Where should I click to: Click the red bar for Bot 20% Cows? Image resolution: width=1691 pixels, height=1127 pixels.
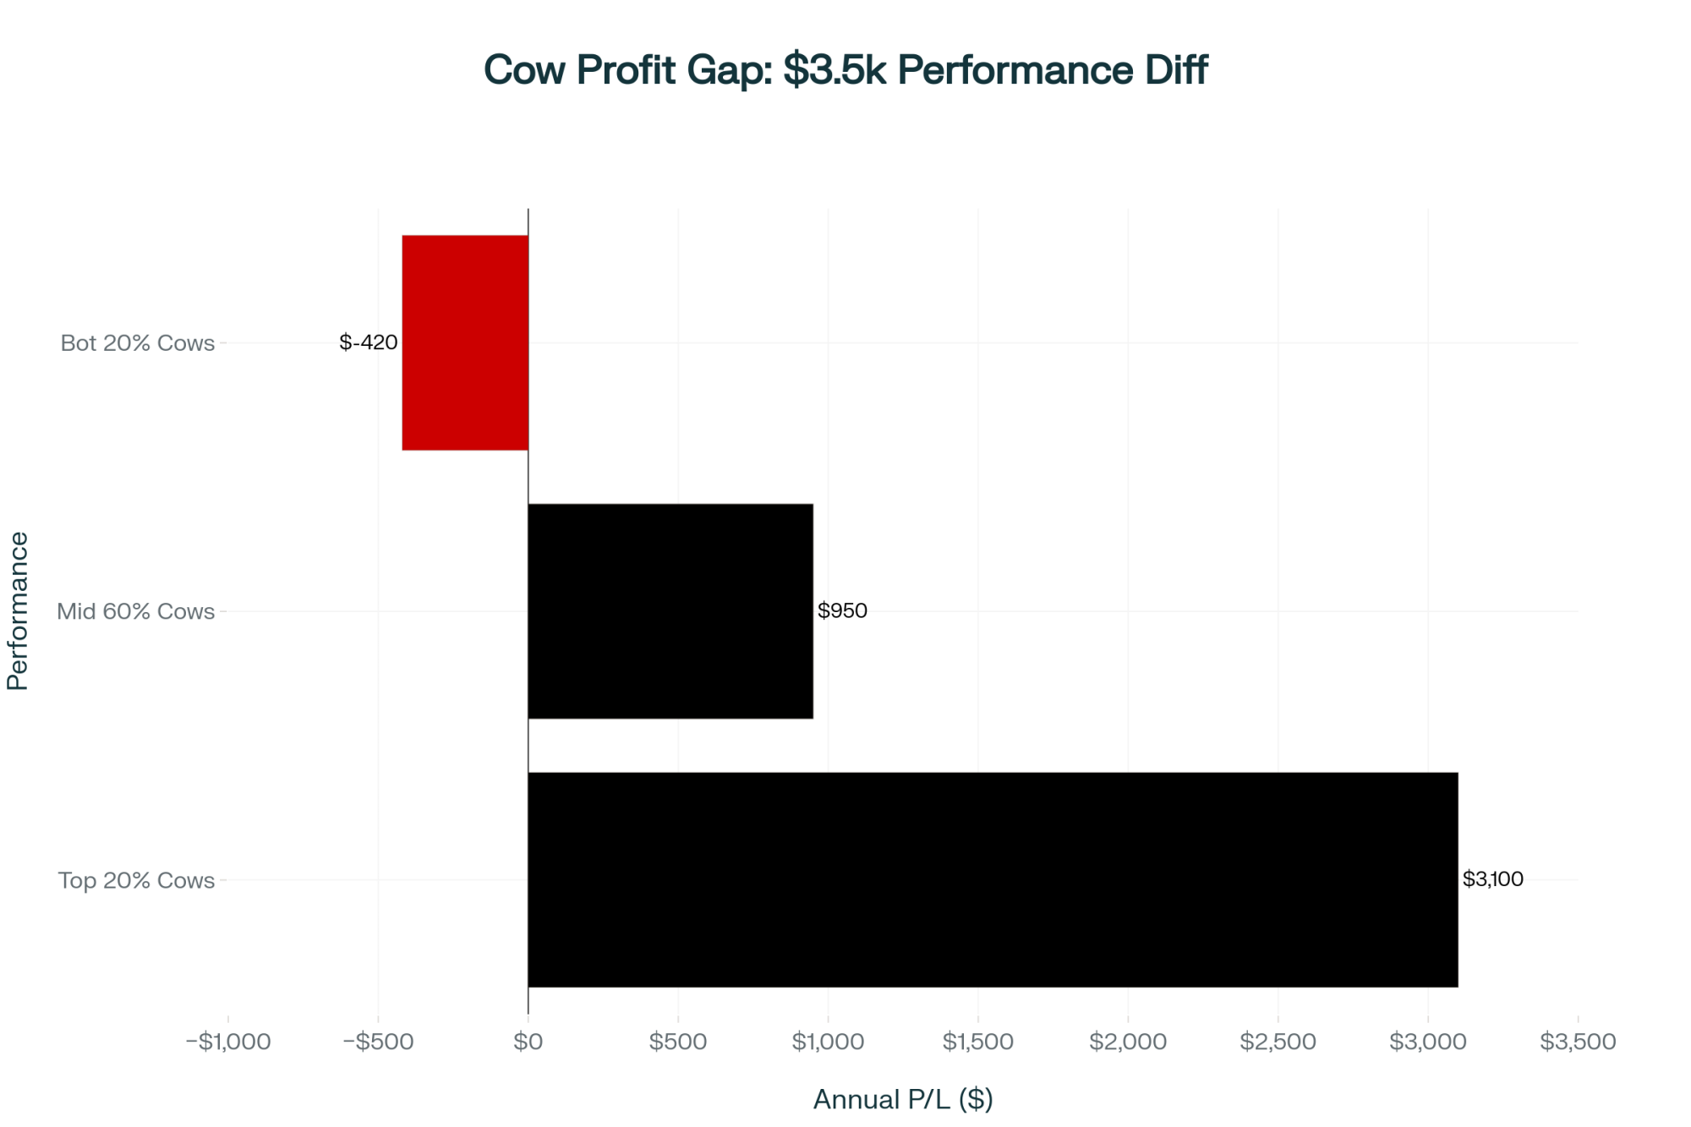[465, 342]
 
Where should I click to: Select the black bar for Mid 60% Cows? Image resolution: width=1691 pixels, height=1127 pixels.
[670, 610]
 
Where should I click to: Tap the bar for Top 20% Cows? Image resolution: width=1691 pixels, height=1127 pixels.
[993, 879]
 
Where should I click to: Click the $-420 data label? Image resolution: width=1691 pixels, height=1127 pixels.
[368, 342]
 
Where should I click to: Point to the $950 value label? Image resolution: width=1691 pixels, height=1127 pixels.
[842, 610]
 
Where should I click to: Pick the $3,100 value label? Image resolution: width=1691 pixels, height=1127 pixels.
[1492, 879]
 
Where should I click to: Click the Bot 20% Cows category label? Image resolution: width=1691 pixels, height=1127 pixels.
[138, 343]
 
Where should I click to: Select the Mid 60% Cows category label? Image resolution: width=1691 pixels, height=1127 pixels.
[135, 611]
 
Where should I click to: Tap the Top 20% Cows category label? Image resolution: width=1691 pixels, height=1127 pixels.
[136, 880]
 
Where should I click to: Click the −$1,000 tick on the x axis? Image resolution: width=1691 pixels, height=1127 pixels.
[228, 1042]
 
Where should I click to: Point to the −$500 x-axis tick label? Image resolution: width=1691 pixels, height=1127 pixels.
[378, 1042]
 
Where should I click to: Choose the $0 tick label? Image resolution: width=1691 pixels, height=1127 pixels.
[528, 1042]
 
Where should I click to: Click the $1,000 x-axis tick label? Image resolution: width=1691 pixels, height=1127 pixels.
[828, 1042]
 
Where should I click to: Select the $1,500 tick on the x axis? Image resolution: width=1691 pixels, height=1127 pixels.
[978, 1042]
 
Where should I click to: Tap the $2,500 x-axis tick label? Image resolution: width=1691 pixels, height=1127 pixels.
[1278, 1042]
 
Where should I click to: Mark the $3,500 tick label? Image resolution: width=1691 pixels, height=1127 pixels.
[1578, 1042]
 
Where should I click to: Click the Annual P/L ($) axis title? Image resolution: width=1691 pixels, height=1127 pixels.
[903, 1099]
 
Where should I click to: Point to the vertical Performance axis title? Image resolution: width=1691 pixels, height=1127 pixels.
[18, 610]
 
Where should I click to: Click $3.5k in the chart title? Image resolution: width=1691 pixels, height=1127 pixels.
[834, 70]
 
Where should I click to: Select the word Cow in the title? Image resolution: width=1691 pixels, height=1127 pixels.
[524, 70]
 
